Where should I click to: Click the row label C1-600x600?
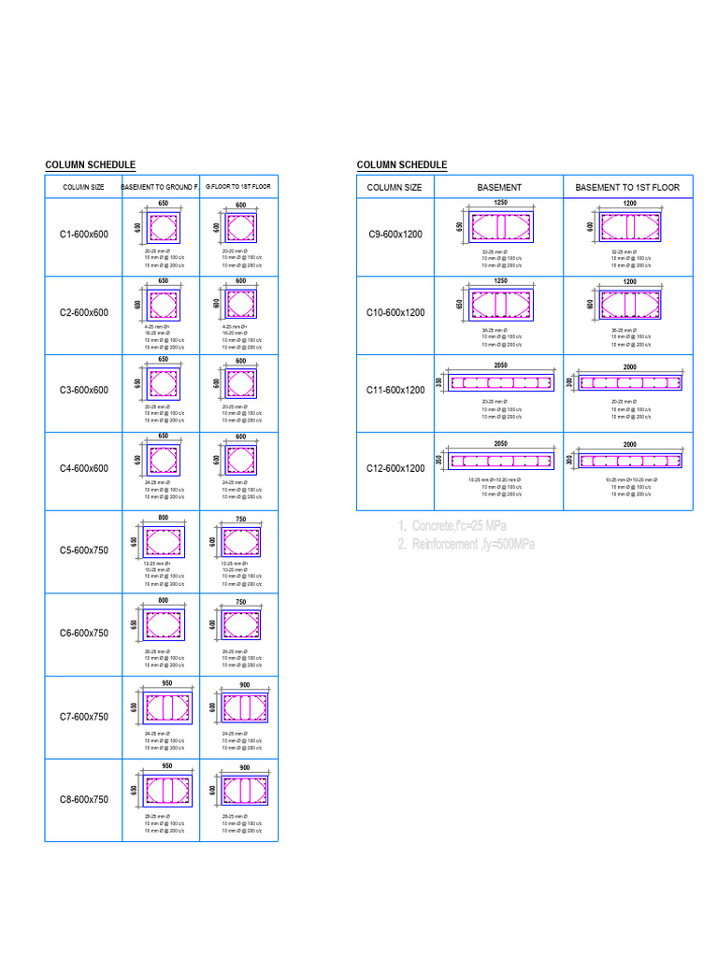tap(84, 234)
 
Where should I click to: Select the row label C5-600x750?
tap(84, 550)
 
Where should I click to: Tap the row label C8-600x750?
tap(84, 799)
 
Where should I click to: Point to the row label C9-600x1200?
tap(396, 234)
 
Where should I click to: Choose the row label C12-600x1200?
tap(396, 468)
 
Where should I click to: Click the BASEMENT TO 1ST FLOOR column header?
tap(627, 187)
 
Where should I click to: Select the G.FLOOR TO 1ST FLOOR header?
tap(238, 187)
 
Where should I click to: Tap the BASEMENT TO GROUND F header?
tap(161, 187)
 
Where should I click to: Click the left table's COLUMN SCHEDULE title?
tap(91, 165)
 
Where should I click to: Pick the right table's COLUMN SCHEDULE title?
tap(402, 165)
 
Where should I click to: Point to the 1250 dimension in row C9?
tap(500, 202)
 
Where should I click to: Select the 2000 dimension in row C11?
tap(629, 367)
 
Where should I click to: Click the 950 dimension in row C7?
tap(166, 683)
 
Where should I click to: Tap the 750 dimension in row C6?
tap(240, 603)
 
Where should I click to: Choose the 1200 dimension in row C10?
tap(629, 280)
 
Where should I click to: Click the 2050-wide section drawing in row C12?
tap(500, 461)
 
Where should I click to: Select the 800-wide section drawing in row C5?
tap(164, 540)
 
